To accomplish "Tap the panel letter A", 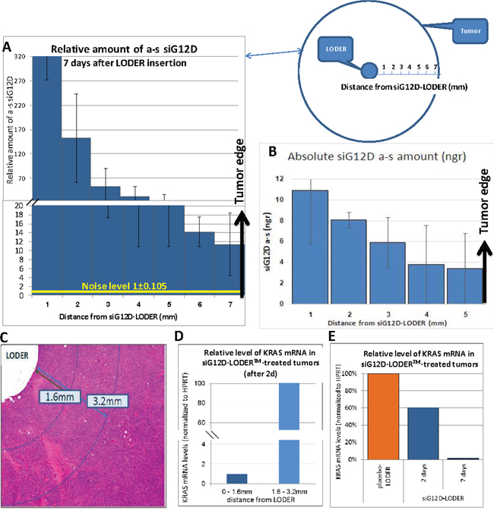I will (x=8, y=47).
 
